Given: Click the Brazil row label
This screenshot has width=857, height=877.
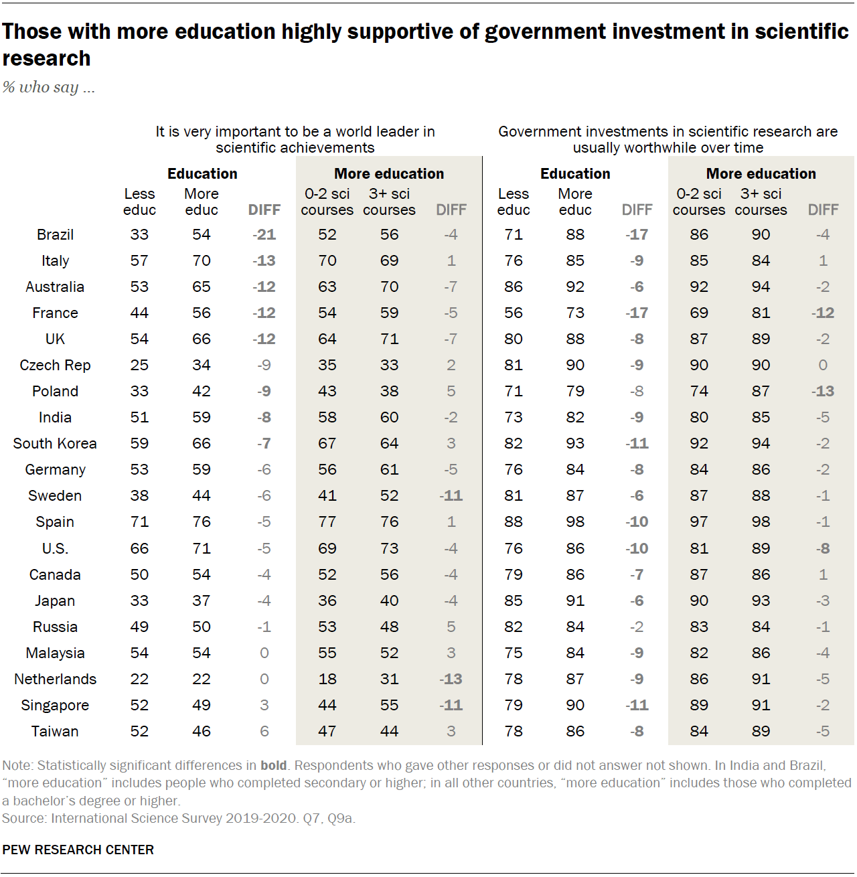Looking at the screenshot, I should pyautogui.click(x=55, y=235).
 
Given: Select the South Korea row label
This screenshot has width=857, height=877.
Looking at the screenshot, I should pyautogui.click(x=55, y=444).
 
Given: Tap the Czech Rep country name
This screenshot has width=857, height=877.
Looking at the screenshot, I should pyautogui.click(x=55, y=366).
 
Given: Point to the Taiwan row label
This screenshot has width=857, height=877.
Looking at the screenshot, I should pyautogui.click(x=55, y=732).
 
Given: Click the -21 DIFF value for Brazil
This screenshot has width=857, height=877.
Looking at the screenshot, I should pyautogui.click(x=264, y=235).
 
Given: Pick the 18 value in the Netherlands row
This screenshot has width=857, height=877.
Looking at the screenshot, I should pyautogui.click(x=327, y=680).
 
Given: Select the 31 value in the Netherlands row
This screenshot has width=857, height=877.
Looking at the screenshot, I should pyautogui.click(x=389, y=680).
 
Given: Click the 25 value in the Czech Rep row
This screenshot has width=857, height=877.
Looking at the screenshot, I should pyautogui.click(x=139, y=366).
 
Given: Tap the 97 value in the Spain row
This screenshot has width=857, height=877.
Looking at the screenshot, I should pyautogui.click(x=698, y=522).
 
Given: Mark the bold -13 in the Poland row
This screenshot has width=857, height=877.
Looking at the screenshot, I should pyautogui.click(x=823, y=392).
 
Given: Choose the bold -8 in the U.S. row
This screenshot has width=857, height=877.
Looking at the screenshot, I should pyautogui.click(x=823, y=549).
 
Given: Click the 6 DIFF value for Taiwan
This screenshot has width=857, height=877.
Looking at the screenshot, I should pyautogui.click(x=264, y=732).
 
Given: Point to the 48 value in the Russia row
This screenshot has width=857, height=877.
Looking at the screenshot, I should pyautogui.click(x=389, y=627).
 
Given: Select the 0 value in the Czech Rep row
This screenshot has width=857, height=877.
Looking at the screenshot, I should pyautogui.click(x=823, y=366).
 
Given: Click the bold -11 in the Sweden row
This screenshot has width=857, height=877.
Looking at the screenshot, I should pyautogui.click(x=451, y=496).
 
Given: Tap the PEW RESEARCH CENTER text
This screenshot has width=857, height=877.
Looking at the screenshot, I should pyautogui.click(x=78, y=850).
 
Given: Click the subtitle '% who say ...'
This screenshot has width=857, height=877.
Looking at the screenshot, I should pyautogui.click(x=48, y=87).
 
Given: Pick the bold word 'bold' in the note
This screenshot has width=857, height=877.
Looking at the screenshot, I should pyautogui.click(x=273, y=765).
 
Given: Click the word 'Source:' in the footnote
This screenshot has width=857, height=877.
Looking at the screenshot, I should pyautogui.click(x=24, y=818).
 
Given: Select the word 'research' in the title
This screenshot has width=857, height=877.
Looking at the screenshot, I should pyautogui.click(x=46, y=59).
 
